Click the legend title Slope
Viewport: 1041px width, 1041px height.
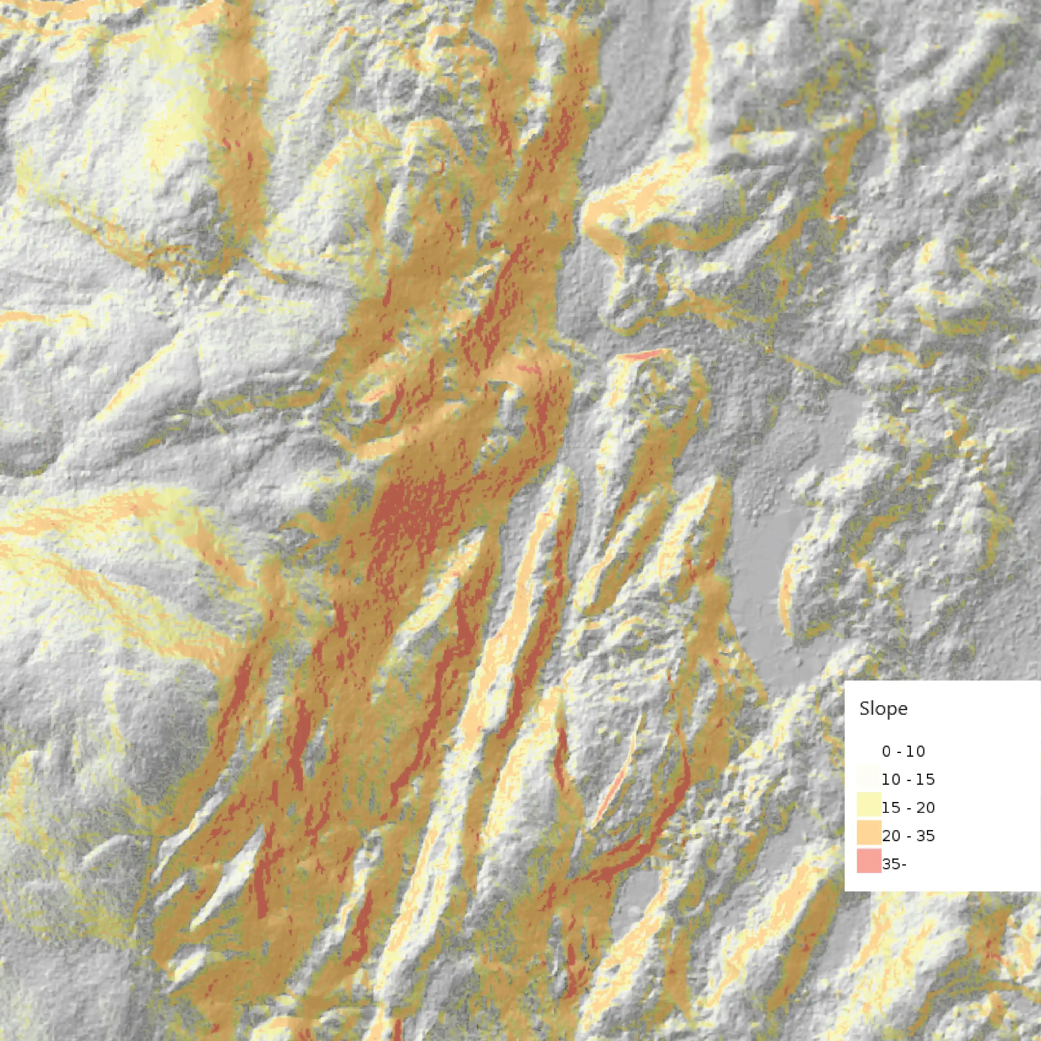(x=883, y=709)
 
